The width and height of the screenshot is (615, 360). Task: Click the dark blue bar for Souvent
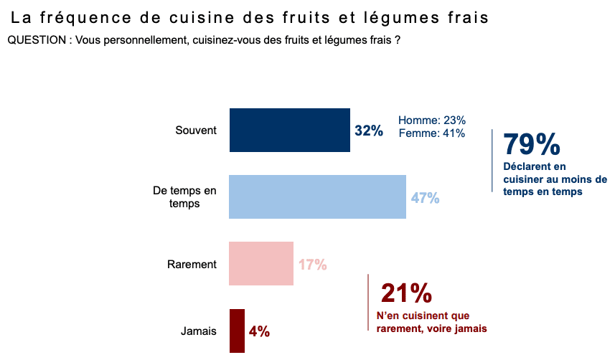click(x=289, y=130)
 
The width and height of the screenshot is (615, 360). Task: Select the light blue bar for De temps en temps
click(x=317, y=196)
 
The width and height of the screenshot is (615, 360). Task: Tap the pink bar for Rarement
click(x=261, y=263)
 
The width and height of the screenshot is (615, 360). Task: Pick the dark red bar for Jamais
click(x=237, y=331)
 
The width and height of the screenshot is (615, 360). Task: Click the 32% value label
click(x=369, y=131)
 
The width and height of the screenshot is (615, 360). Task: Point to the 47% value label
click(x=425, y=198)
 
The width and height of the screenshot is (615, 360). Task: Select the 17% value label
click(x=313, y=265)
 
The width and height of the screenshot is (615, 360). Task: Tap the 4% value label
click(x=259, y=331)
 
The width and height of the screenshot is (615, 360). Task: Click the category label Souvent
click(x=196, y=131)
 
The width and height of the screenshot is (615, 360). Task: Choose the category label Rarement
click(x=192, y=264)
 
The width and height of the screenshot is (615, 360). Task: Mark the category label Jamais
click(x=198, y=331)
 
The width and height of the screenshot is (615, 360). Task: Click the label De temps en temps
click(x=184, y=196)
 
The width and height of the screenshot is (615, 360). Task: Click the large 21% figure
click(x=406, y=293)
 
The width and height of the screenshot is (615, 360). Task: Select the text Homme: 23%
click(x=432, y=120)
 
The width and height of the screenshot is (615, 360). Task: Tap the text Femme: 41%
click(x=432, y=133)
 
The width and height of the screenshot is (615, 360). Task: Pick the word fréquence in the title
click(x=86, y=17)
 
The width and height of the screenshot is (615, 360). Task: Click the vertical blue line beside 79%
click(x=492, y=160)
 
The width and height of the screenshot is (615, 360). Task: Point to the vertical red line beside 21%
click(x=368, y=302)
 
